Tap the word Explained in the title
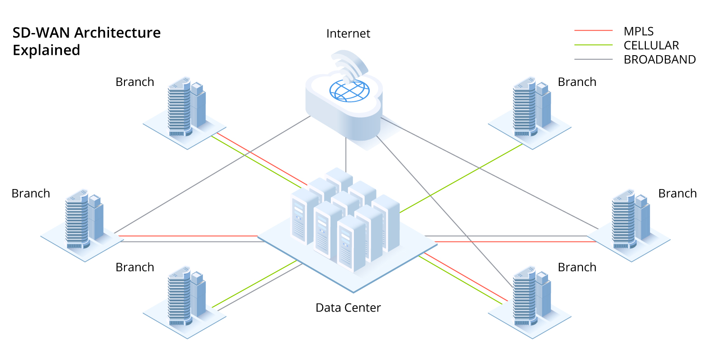(46, 50)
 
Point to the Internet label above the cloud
(348, 34)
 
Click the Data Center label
(348, 308)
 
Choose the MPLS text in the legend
(638, 32)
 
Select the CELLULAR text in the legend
(651, 46)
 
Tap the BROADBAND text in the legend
(659, 60)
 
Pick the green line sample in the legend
(593, 45)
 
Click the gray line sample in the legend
(593, 59)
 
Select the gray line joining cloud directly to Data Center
(346, 154)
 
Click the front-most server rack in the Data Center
(351, 244)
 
